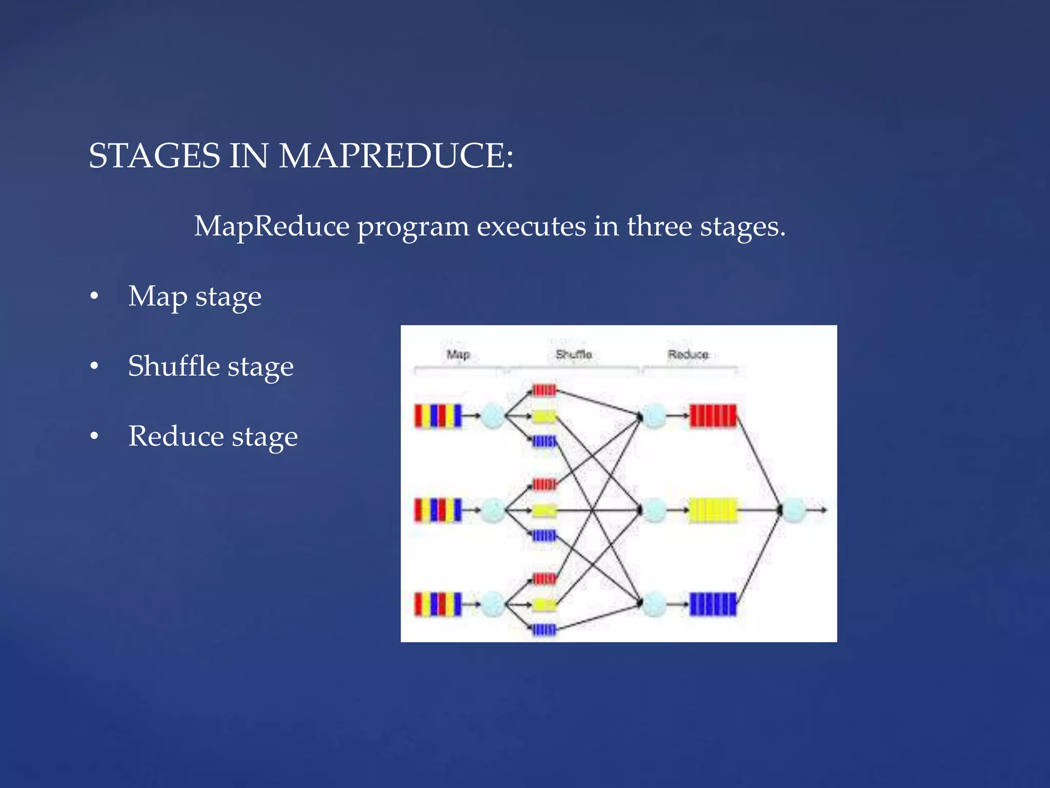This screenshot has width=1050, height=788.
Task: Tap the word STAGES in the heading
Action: coord(154,155)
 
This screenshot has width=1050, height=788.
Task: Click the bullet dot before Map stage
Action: coord(94,296)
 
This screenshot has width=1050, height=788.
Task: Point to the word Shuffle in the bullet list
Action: coord(174,366)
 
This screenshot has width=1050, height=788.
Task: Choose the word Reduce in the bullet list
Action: coord(176,436)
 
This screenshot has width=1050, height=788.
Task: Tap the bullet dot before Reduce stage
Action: coord(94,436)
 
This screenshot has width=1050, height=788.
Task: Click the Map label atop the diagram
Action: coord(458,354)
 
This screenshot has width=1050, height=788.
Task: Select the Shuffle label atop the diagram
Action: coord(574,354)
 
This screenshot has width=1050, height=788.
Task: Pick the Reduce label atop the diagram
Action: coord(688,354)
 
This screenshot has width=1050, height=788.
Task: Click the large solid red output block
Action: coord(713,416)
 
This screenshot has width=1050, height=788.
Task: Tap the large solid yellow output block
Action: coord(713,510)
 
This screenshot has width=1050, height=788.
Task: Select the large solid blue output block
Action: coord(713,604)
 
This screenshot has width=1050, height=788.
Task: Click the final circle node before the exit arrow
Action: coord(794,510)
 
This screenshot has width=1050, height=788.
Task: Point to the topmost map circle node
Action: coord(493,416)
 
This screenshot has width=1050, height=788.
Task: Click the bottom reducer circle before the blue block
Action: coord(655,604)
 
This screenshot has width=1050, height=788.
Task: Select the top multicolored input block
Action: coord(438,416)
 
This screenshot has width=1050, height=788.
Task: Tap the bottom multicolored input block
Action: coord(438,604)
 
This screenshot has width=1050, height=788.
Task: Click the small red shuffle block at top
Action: coord(544,390)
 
